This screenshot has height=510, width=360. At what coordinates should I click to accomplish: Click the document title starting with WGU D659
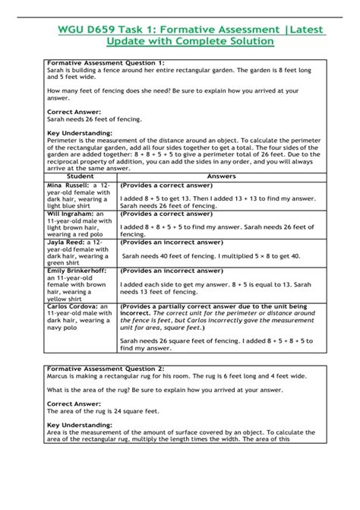pos(180,35)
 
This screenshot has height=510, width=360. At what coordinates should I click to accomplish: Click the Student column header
pos(81,176)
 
